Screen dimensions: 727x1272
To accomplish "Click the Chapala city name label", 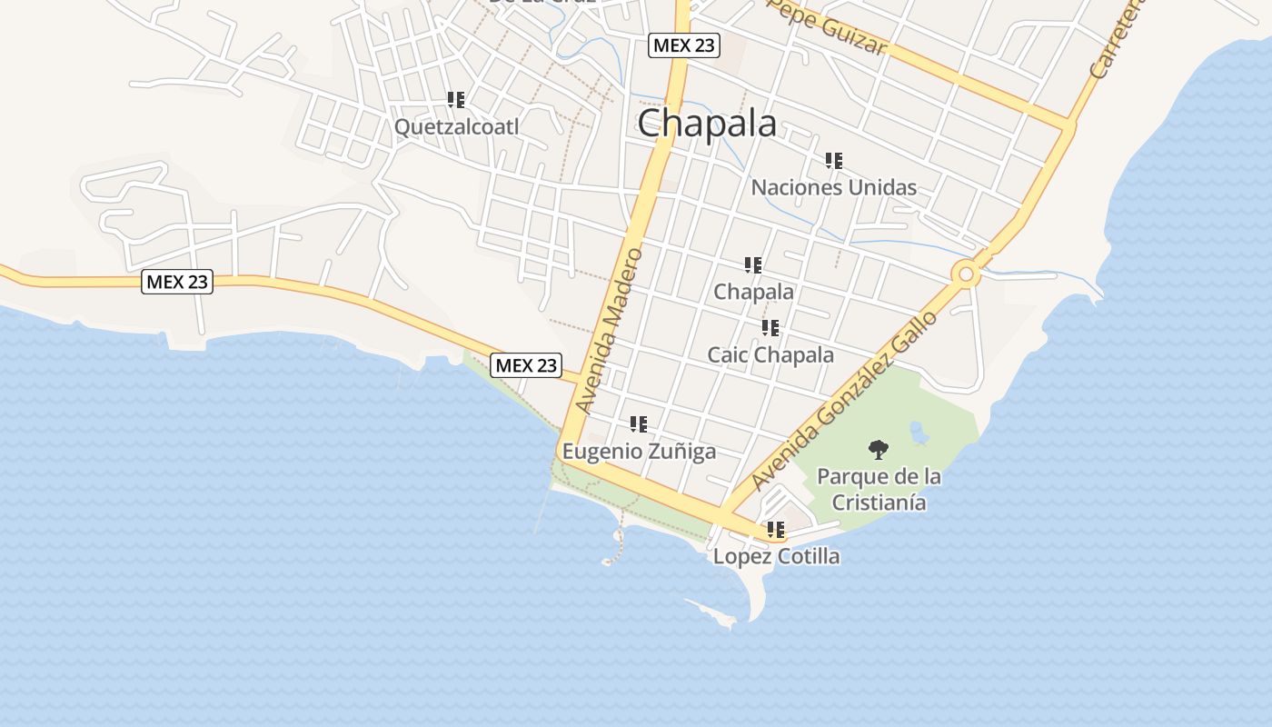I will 707,124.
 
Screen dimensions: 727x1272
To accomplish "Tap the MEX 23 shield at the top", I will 683,45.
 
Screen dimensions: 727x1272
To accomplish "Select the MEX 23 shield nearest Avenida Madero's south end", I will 526,365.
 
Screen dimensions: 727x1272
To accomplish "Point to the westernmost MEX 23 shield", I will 177,282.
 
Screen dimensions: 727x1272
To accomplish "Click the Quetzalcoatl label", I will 456,126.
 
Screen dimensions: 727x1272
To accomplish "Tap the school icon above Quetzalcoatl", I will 456,99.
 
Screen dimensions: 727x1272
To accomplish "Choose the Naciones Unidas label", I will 833,187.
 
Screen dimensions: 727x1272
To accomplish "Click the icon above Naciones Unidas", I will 833,161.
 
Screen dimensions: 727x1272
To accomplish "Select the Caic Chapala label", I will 770,354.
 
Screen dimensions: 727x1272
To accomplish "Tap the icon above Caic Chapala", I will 770,327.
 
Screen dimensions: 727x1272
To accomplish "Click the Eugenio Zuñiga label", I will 639,451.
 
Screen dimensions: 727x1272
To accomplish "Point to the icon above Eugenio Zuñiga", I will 639,423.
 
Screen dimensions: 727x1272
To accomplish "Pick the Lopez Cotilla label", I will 776,556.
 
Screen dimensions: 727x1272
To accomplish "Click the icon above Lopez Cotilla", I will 776,529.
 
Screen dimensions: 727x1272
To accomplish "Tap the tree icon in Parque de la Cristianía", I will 878,449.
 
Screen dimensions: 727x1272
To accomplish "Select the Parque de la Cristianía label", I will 879,489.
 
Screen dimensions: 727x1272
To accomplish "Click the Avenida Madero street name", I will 611,331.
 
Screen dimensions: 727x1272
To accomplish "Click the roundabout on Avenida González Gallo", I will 967,274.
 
